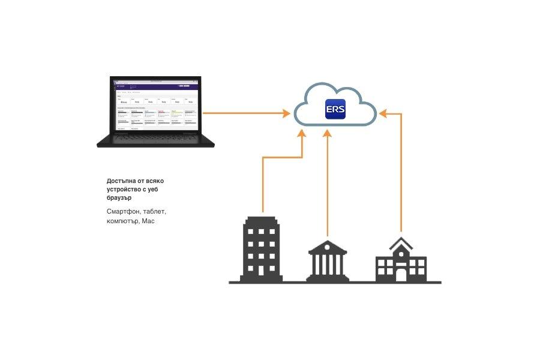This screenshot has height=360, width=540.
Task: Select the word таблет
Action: coord(155,212)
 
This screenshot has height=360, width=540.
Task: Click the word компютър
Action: coord(122,221)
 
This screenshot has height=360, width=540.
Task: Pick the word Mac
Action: coord(148,221)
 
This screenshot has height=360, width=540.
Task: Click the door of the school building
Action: coord(400,274)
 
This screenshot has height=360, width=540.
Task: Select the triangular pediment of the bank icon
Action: coord(327,247)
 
